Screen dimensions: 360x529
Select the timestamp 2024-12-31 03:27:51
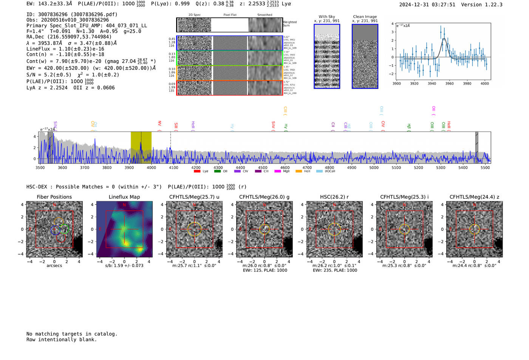(x=427, y=5)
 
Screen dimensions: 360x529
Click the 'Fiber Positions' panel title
(x=54, y=197)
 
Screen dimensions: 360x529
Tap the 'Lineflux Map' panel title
(x=124, y=197)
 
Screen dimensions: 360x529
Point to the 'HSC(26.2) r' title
(x=334, y=197)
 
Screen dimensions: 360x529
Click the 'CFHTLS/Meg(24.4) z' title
(x=474, y=197)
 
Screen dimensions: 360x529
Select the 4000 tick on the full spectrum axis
(x=151, y=168)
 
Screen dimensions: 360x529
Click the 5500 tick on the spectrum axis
(x=485, y=168)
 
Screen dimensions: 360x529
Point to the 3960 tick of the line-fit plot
(x=449, y=83)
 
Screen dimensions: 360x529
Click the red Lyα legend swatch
(x=197, y=171)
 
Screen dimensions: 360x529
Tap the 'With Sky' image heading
(x=326, y=17)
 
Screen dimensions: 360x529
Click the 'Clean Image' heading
(x=365, y=17)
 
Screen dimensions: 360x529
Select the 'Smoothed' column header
(x=264, y=15)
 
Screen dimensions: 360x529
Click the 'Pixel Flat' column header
(x=230, y=15)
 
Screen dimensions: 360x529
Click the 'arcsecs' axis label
(x=54, y=266)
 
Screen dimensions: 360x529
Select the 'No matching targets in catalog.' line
(x=72, y=334)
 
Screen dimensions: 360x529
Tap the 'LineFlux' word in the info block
(x=38, y=49)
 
